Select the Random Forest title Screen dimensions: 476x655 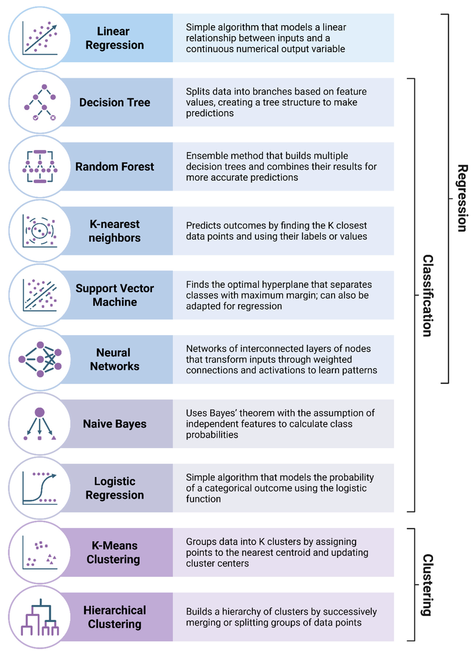coord(115,167)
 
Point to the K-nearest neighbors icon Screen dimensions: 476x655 coord(40,231)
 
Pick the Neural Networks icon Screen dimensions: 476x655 coord(40,359)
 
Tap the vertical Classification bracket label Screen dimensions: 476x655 coord(428,295)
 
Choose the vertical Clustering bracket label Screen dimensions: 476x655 coord(428,585)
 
